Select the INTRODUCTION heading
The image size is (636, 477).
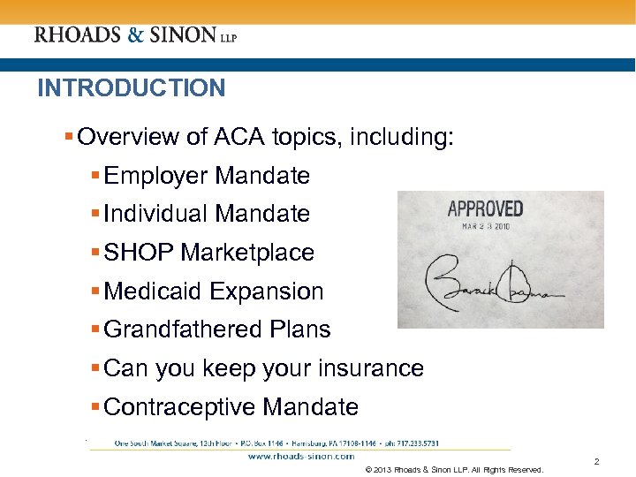[x=131, y=88]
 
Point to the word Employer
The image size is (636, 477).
[x=156, y=176]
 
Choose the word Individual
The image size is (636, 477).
[x=155, y=214]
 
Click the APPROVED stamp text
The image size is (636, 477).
[x=485, y=209]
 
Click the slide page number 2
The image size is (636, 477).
[x=596, y=462]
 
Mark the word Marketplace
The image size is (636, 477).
[x=248, y=253]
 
